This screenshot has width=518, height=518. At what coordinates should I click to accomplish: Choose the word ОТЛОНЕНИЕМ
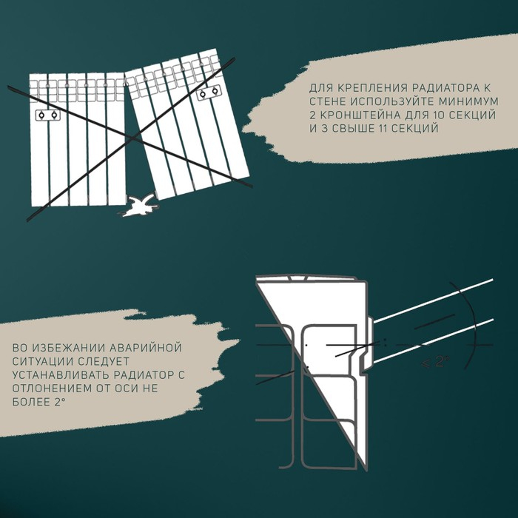[x=56, y=388]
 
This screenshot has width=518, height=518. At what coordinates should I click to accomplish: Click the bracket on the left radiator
[x=49, y=116]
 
